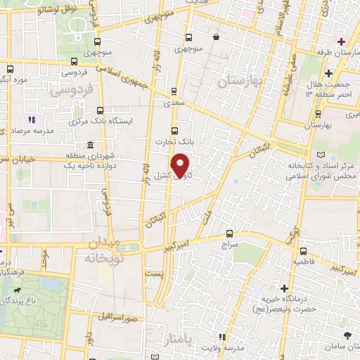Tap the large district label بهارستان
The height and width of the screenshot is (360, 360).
pos(240,82)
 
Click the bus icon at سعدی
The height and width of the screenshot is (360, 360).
pos(174,90)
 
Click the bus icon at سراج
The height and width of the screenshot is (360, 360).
pos(229,234)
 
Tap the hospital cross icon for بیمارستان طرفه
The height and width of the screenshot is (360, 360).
pos(340,41)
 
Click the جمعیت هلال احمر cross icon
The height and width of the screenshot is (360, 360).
pos(328,74)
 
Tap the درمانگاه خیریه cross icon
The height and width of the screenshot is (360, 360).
pos(284,288)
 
